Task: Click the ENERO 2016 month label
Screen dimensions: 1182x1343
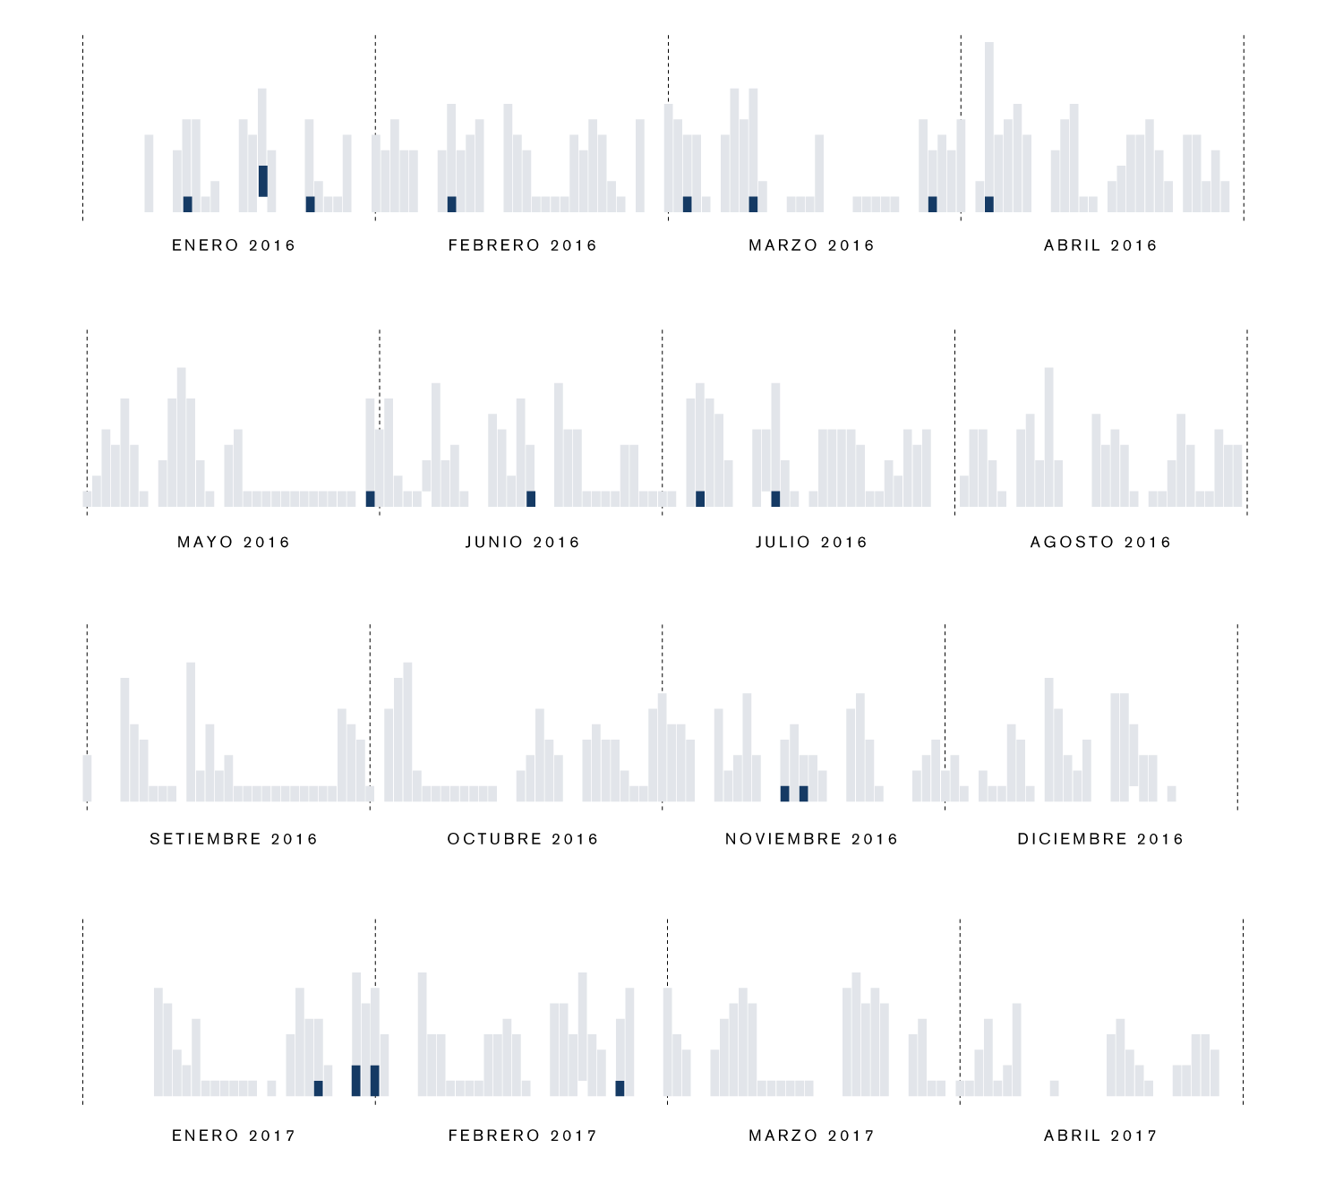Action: tap(234, 245)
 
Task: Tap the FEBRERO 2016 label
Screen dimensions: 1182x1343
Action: tap(523, 245)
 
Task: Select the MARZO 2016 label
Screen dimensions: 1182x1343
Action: tap(812, 245)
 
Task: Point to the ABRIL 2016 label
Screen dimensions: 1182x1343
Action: tap(1101, 245)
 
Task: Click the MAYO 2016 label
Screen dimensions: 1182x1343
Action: tap(234, 542)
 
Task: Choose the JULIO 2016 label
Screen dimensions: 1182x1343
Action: tap(812, 542)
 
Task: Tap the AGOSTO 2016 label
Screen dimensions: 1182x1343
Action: tap(1101, 542)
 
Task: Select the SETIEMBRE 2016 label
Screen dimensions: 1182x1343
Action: tap(234, 839)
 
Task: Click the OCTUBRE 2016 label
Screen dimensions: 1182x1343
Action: tap(523, 839)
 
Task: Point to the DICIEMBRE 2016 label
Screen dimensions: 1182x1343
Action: tap(1101, 839)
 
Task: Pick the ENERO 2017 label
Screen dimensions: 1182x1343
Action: tap(234, 1135)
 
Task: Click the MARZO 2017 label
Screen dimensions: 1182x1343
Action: tap(812, 1135)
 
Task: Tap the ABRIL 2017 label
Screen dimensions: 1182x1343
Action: tap(1101, 1135)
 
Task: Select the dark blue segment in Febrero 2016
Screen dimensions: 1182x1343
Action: tap(451, 204)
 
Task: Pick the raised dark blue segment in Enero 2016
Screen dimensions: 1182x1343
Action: tap(263, 181)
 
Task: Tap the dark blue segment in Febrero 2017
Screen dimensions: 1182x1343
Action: tap(620, 1088)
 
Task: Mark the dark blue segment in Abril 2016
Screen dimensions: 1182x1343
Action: tap(989, 204)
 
